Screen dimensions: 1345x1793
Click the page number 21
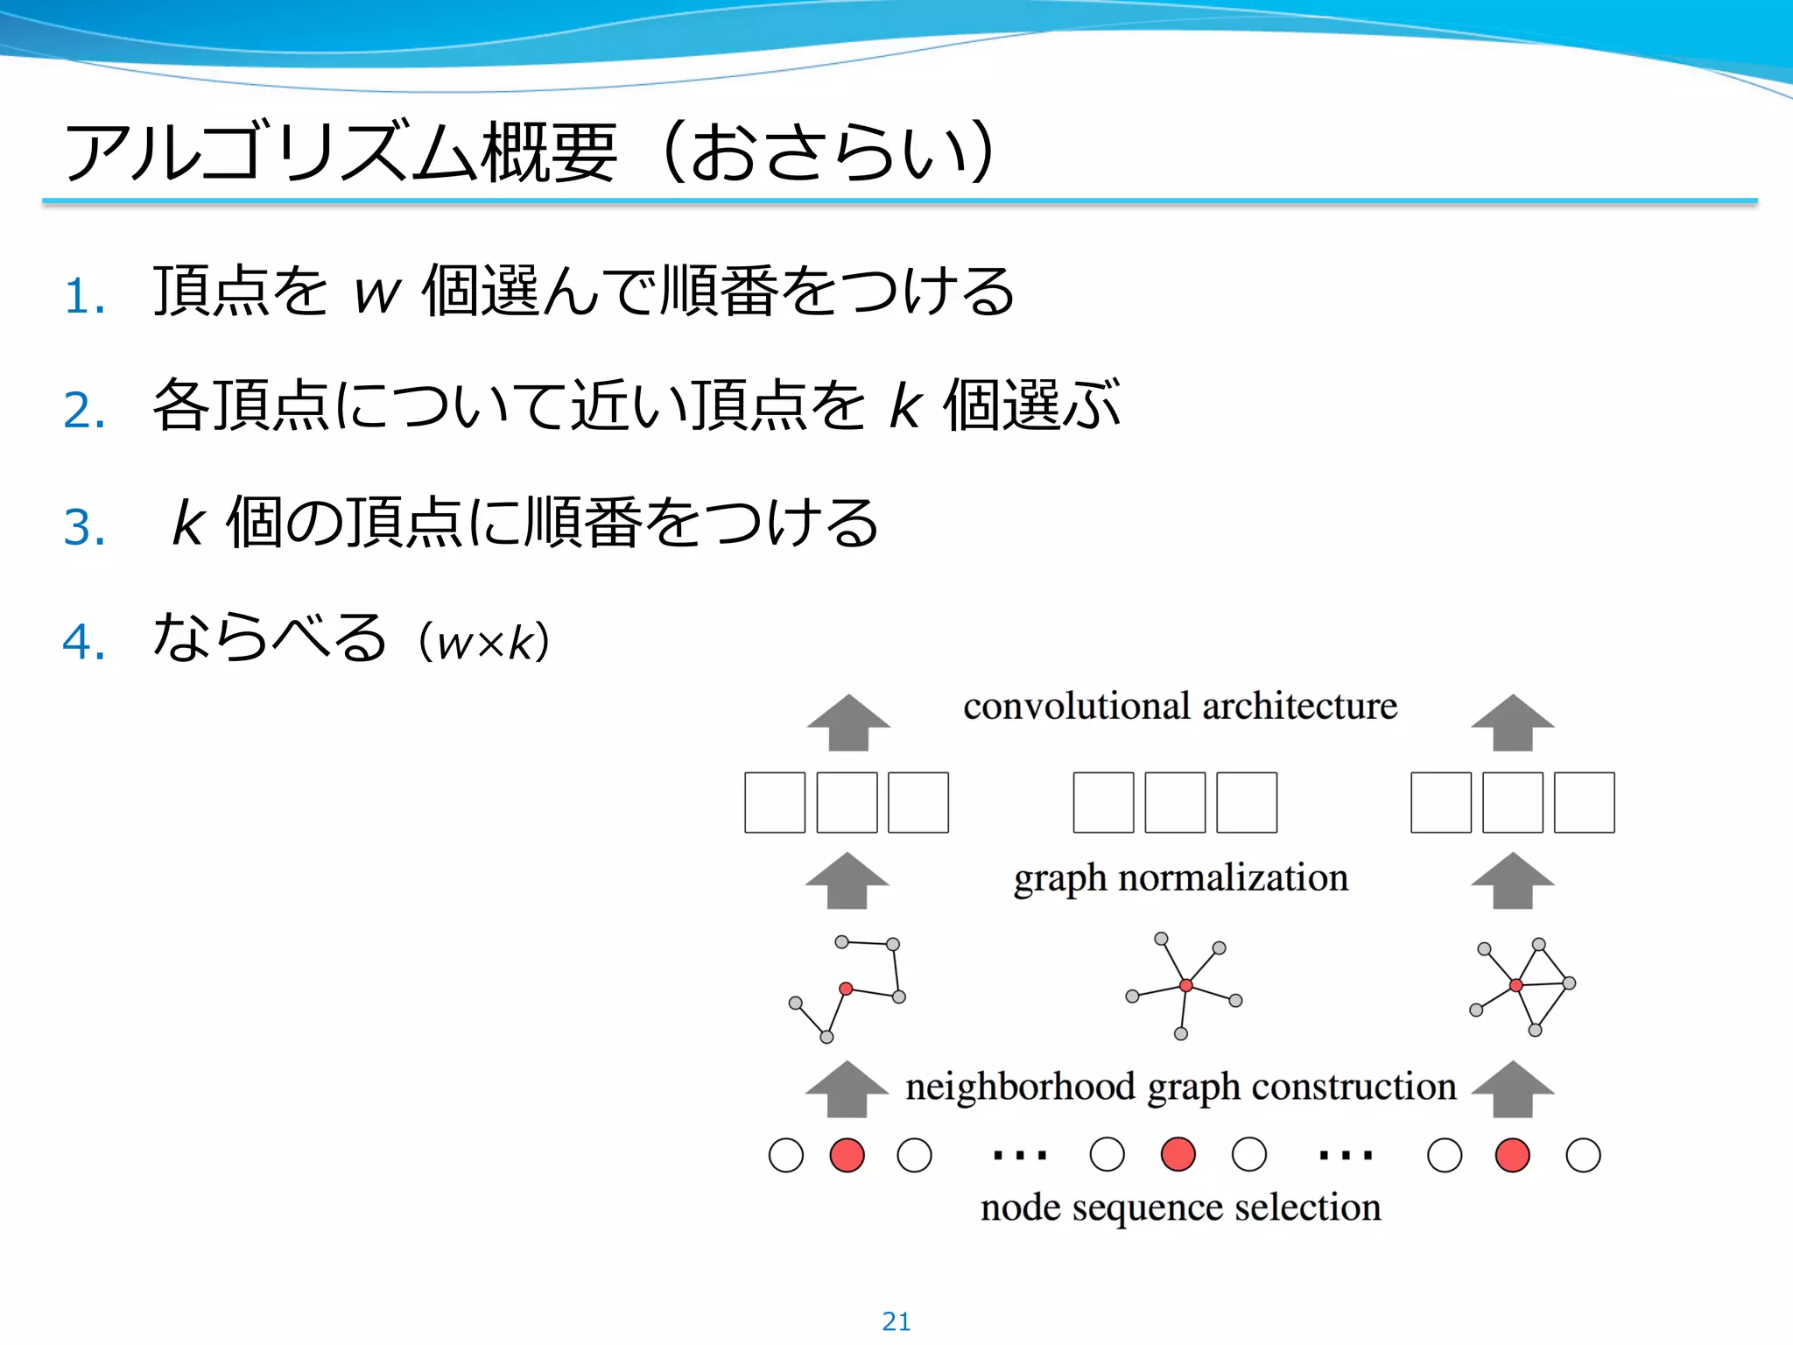pyautogui.click(x=896, y=1320)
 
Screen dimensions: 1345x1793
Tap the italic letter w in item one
pyautogui.click(x=376, y=294)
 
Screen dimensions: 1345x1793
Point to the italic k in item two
pyautogui.click(x=905, y=406)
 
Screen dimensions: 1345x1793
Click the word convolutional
pyautogui.click(x=1077, y=706)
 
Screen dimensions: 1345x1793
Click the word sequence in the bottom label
pyautogui.click(x=1148, y=1208)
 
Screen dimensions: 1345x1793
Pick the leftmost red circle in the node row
pyautogui.click(x=847, y=1155)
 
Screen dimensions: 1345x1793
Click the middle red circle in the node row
pyautogui.click(x=1178, y=1154)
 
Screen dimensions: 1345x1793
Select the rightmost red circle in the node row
pyautogui.click(x=1512, y=1155)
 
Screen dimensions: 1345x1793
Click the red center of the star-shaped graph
pyautogui.click(x=1185, y=986)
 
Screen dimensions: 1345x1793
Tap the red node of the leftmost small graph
pyautogui.click(x=846, y=989)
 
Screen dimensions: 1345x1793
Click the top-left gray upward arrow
pyautogui.click(x=848, y=722)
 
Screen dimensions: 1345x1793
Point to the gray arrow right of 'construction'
pyautogui.click(x=1512, y=1088)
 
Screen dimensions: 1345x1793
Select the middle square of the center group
pyautogui.click(x=1175, y=802)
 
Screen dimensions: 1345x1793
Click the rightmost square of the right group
pyautogui.click(x=1584, y=802)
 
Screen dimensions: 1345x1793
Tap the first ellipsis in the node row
pyautogui.click(x=1020, y=1155)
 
